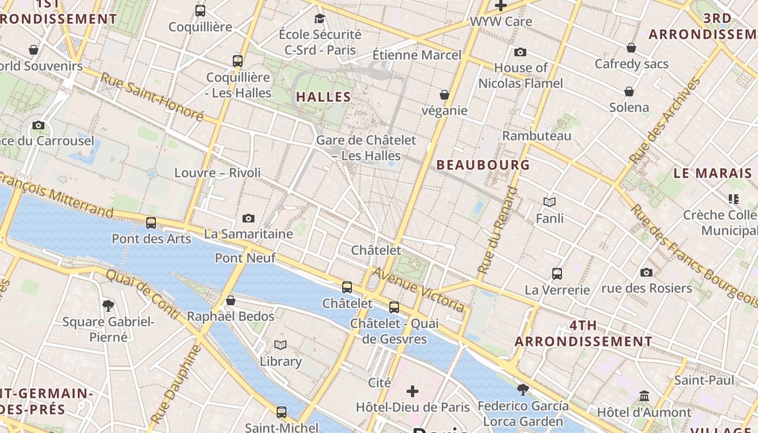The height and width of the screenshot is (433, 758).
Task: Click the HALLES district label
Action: (323, 97)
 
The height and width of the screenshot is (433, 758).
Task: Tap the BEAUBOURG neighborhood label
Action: (483, 165)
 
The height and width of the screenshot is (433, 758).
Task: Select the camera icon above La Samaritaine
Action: (249, 218)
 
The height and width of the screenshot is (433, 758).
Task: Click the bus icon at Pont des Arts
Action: (151, 222)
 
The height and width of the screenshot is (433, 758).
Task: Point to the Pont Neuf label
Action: (245, 258)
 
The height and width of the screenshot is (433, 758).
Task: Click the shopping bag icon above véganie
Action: (445, 95)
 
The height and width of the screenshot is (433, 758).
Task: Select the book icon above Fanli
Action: (550, 202)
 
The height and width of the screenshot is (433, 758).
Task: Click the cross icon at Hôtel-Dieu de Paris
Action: (413, 391)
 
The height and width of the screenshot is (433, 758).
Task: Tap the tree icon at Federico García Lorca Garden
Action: (522, 389)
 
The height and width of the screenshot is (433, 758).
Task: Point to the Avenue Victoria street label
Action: (418, 290)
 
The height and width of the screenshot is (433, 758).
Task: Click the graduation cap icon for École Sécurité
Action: (319, 18)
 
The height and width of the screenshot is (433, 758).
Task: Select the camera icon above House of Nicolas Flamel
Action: (520, 52)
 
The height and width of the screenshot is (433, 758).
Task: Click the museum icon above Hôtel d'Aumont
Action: (644, 396)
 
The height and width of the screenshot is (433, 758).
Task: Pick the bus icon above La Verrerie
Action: (557, 273)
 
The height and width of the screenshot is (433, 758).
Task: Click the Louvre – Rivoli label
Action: (217, 173)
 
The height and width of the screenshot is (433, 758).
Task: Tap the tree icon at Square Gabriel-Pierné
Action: (108, 305)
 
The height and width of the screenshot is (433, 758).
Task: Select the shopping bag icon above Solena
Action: (629, 91)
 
